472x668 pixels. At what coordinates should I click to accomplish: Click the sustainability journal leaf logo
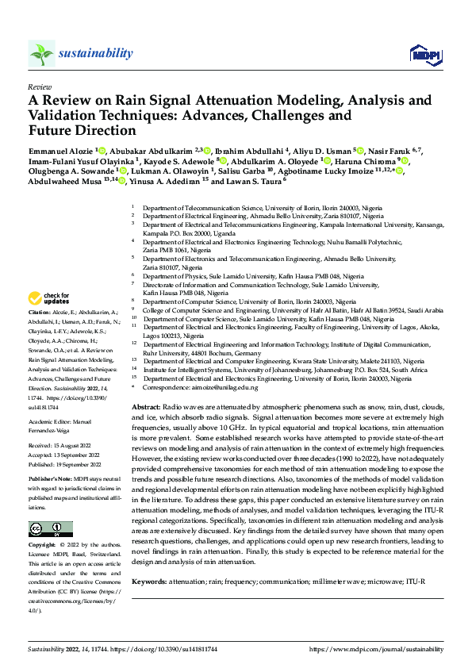click(41, 53)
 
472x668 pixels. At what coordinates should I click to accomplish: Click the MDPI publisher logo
click(421, 53)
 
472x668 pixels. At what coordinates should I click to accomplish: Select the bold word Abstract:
click(146, 405)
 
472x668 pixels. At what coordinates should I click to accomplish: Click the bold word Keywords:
click(150, 582)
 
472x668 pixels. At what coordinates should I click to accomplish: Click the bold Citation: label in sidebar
click(40, 313)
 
